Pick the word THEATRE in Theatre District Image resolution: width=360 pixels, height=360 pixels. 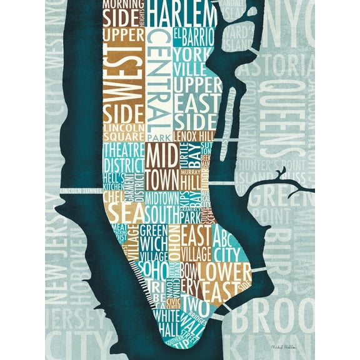pos(123,149)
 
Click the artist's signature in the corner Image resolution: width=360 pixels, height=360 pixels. pos(284,346)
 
